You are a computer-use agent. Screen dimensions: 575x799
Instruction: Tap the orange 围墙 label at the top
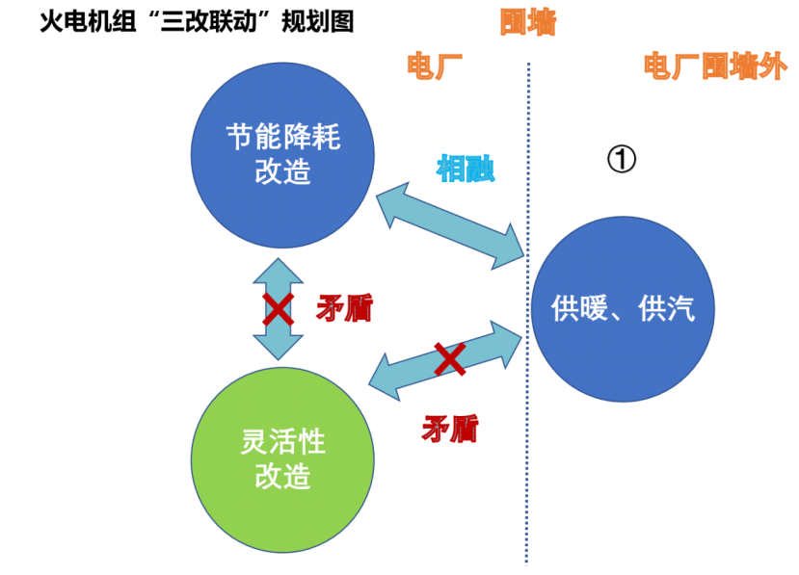(527, 22)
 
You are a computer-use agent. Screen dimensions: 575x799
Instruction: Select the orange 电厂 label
(435, 66)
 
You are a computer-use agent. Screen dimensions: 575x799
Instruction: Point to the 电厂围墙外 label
(714, 67)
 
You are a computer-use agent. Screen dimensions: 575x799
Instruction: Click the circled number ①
(622, 159)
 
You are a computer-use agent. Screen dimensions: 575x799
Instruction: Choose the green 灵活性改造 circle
(282, 458)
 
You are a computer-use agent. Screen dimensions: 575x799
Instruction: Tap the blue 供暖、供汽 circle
(622, 309)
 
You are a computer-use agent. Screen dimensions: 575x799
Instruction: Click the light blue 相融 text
(466, 169)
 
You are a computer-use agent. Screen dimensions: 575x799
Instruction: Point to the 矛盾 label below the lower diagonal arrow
(449, 427)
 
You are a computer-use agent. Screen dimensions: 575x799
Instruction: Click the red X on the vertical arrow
(279, 309)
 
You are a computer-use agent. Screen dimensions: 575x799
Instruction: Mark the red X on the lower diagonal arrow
(449, 359)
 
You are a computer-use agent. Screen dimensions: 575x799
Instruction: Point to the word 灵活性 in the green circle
(282, 443)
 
